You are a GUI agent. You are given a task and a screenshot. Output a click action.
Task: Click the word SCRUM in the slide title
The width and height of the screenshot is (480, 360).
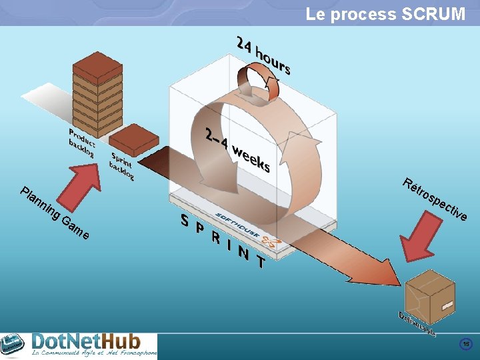click(x=433, y=14)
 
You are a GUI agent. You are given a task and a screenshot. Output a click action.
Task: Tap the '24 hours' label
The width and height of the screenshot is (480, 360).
click(x=263, y=56)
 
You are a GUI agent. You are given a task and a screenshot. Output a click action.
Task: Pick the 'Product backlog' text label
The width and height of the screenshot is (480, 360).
click(x=81, y=143)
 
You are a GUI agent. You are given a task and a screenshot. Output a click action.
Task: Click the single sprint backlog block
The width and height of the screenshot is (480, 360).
click(x=133, y=139)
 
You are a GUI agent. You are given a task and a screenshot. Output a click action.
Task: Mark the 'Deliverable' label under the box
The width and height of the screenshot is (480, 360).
click(x=417, y=323)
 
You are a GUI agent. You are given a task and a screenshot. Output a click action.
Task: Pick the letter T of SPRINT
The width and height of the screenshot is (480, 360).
click(x=261, y=263)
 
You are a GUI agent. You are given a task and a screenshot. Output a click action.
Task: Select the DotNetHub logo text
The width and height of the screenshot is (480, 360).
click(x=93, y=343)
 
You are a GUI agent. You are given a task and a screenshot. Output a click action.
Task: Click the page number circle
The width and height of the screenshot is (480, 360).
click(x=466, y=344)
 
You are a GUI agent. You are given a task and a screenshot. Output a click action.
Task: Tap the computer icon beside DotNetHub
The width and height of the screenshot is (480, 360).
click(x=13, y=345)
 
